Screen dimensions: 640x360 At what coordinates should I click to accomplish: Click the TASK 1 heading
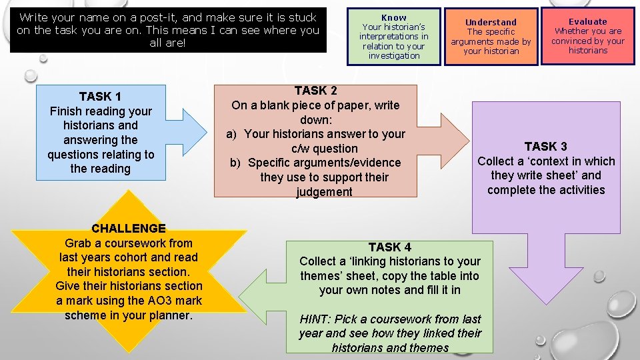coord(100,96)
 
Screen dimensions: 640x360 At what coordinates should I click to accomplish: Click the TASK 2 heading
coord(315,91)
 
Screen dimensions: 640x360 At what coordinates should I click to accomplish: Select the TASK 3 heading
coord(545,146)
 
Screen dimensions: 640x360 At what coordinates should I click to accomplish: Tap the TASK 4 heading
coord(389,247)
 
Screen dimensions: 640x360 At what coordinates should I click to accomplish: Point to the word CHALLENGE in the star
coord(129,228)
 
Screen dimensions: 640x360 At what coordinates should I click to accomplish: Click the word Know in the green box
coord(393,17)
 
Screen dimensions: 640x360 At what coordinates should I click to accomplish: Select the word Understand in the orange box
coord(491,22)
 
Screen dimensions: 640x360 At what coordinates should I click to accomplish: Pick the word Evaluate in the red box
coord(587,21)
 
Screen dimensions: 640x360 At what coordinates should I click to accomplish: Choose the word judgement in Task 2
coord(324,192)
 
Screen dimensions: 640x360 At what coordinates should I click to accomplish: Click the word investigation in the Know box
coord(393,55)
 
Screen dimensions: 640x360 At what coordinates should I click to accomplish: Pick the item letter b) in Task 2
coord(235,163)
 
